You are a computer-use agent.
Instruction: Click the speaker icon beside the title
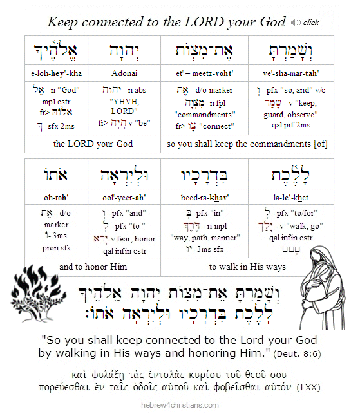(296, 23)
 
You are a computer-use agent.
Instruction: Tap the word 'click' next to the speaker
(312, 23)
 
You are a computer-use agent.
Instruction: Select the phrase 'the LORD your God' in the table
(93, 143)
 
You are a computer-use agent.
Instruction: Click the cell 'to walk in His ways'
(249, 267)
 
